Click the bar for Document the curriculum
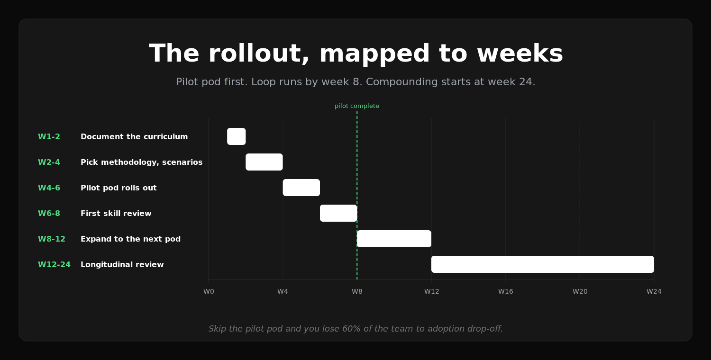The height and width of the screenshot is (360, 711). (236, 136)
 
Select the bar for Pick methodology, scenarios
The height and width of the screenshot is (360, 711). (264, 162)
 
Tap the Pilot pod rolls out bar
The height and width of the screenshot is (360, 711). (301, 188)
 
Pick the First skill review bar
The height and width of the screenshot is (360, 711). (338, 213)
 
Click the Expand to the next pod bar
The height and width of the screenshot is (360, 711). (394, 239)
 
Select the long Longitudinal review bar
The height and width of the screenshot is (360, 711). (542, 264)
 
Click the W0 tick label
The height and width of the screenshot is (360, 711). (209, 291)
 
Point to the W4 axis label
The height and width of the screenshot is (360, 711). (283, 291)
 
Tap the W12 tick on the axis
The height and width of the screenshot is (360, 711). (431, 291)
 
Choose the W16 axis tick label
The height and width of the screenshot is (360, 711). (506, 291)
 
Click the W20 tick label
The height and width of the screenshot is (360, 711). (580, 291)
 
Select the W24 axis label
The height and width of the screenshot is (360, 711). (654, 291)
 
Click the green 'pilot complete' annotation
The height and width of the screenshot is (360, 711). (357, 106)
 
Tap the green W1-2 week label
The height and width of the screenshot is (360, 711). (49, 137)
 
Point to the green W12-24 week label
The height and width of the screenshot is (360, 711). (55, 264)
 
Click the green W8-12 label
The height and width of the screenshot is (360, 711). (52, 239)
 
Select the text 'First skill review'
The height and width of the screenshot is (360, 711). (116, 214)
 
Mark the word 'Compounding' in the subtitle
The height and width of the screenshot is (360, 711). (399, 82)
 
